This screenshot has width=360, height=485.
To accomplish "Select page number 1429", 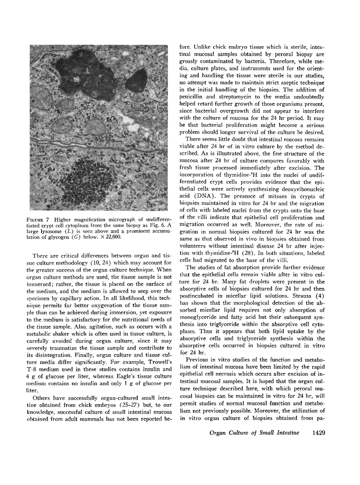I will click(317, 433).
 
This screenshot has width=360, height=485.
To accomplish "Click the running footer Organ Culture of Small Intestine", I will click(254, 433).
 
